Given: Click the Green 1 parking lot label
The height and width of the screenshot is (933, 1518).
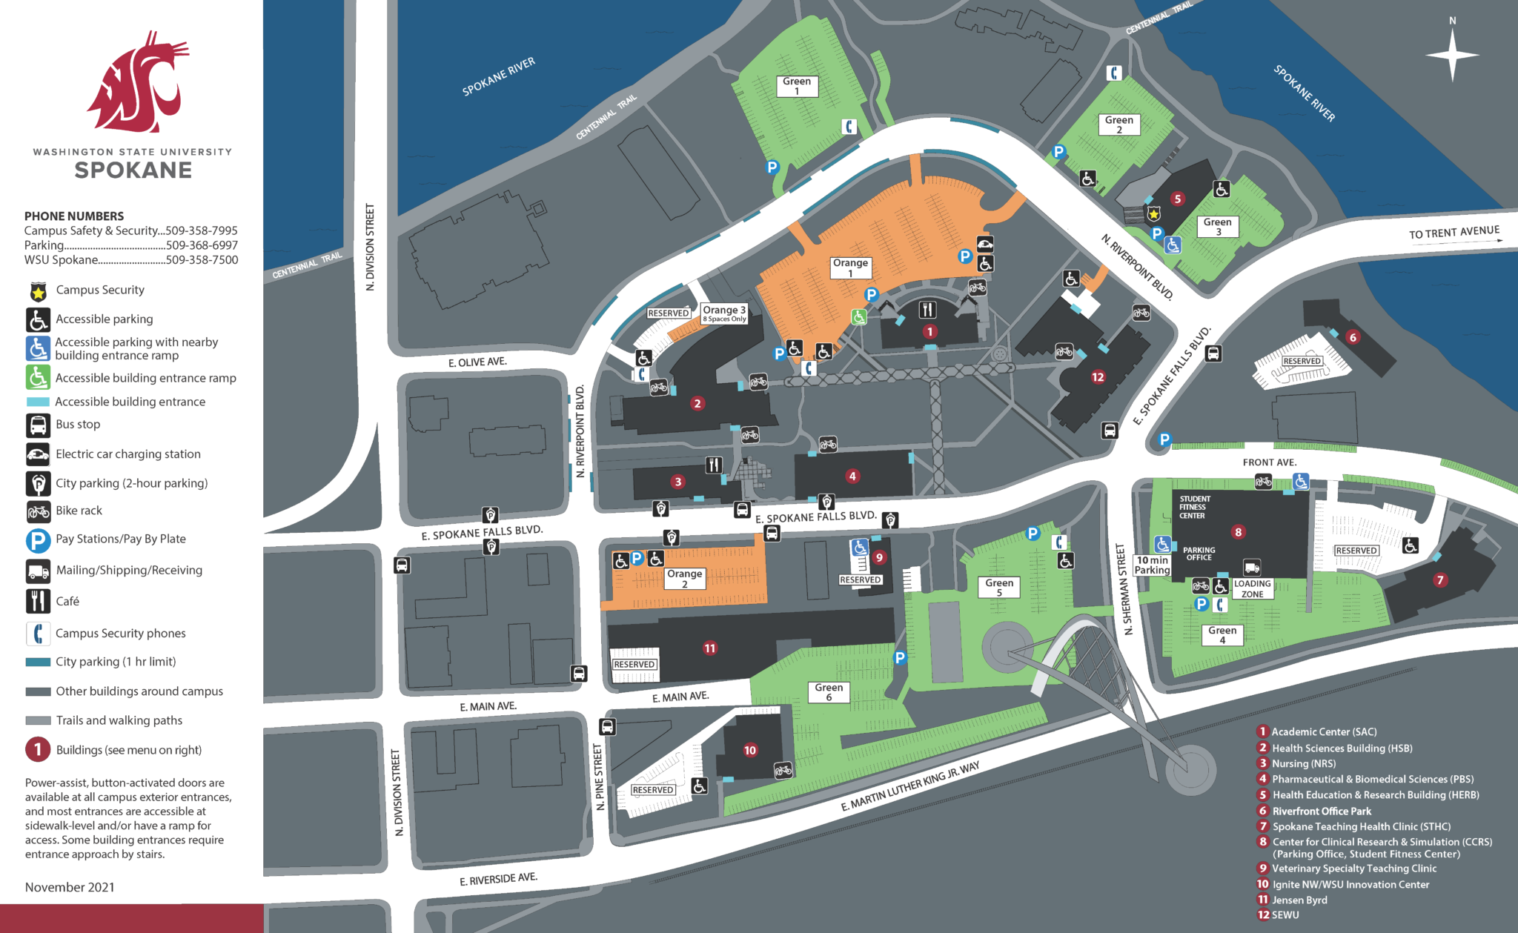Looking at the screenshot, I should tap(797, 86).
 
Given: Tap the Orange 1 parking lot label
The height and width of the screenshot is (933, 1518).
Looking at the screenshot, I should tap(850, 268).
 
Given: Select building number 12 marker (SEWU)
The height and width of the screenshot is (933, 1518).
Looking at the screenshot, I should tap(1098, 376).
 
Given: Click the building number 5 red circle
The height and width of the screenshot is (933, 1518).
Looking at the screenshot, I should tap(1177, 199).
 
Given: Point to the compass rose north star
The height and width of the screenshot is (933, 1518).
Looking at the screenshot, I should tap(1452, 55).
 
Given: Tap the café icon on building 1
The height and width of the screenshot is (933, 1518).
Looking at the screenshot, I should tap(927, 309).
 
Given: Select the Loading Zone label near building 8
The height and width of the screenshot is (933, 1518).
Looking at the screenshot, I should tap(1252, 588).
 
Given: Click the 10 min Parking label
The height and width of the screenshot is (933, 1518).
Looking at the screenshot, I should tap(1152, 565).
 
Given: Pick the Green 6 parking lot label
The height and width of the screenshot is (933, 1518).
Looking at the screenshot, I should tap(829, 692).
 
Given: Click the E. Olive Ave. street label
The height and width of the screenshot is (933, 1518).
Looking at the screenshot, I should tap(477, 362).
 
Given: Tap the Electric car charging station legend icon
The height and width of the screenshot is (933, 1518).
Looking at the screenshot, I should tap(38, 454).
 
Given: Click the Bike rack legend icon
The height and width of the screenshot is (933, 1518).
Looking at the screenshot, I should tap(38, 511).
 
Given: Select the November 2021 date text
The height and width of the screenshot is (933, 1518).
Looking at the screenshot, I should tap(70, 887).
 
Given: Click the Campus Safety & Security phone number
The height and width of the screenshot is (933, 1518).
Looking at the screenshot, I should tap(202, 230).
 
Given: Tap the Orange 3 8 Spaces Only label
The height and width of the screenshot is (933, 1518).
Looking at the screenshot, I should tap(724, 313).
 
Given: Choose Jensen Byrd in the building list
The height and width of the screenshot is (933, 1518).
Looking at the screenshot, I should tap(1299, 900).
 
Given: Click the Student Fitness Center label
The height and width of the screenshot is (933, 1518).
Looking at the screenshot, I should tap(1194, 507).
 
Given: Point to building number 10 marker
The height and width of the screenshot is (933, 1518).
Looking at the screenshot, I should tap(750, 750).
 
